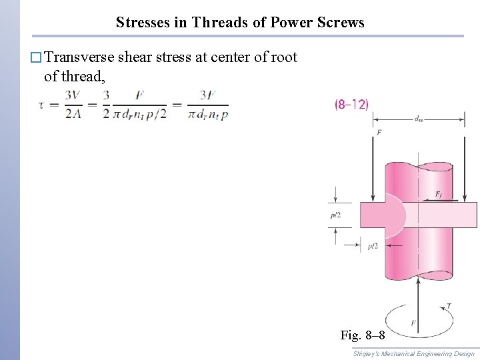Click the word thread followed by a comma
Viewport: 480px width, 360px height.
tap(83, 76)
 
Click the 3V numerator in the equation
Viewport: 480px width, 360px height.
tap(73, 96)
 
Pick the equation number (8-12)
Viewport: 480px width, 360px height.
tap(351, 105)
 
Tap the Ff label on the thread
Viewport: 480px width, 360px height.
tap(438, 194)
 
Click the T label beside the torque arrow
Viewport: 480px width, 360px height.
tap(448, 305)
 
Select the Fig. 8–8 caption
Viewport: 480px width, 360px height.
tap(362, 333)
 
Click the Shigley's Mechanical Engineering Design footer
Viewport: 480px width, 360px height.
tap(413, 353)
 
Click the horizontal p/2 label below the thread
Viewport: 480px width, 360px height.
tap(373, 247)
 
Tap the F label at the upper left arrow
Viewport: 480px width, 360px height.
tap(379, 133)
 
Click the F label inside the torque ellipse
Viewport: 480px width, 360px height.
tap(414, 323)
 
